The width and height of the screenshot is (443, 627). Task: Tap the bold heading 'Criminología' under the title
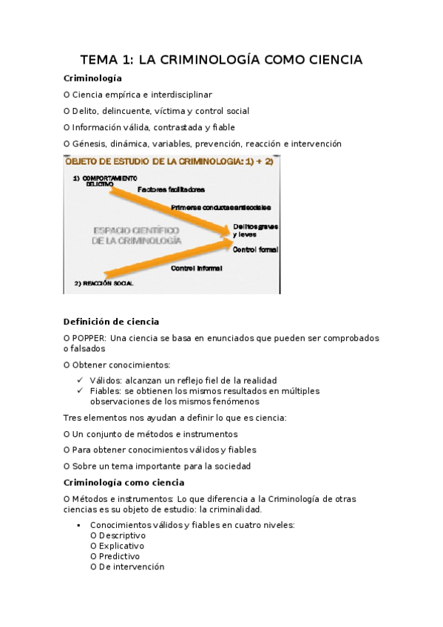92,78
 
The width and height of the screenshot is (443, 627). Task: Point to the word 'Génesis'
90,143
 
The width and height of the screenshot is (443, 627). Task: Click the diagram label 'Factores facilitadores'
171,189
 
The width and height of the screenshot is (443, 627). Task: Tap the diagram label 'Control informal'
196,268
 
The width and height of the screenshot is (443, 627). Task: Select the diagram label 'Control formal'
255,251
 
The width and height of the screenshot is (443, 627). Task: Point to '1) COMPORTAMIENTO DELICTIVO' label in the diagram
105,181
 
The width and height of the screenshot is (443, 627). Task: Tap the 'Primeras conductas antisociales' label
220,207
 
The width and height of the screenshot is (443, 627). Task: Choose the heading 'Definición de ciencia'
111,322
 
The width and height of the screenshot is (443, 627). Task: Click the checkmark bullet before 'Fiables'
80,390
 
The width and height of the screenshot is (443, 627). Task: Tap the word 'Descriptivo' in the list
122,535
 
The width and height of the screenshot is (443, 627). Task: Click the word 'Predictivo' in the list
119,556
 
